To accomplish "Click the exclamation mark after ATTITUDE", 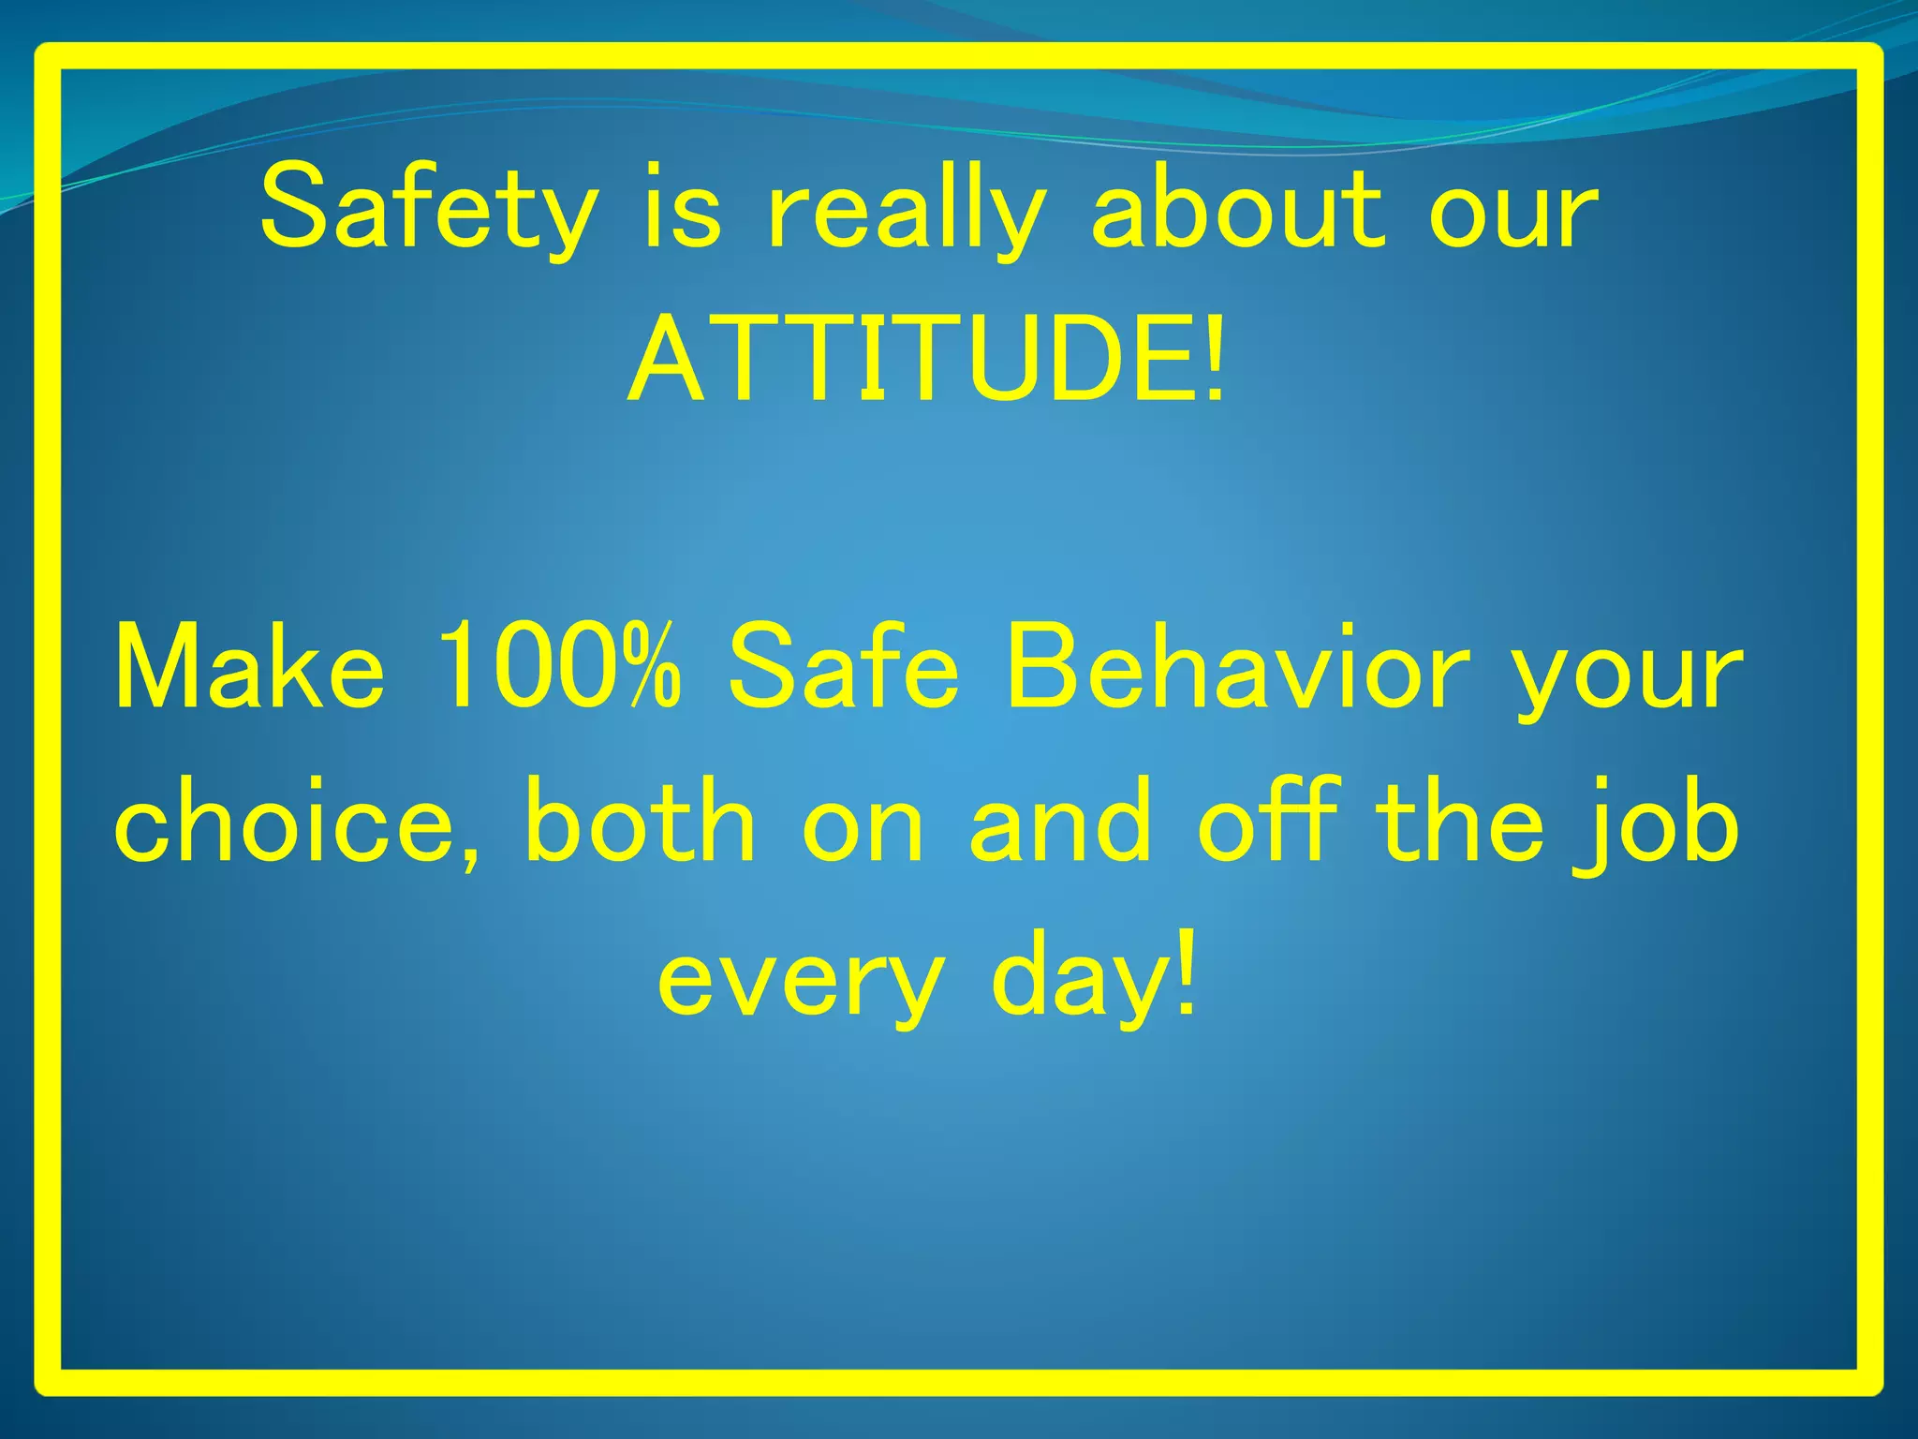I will pos(1214,360).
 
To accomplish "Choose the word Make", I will pos(249,669).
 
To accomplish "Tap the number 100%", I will pos(558,667).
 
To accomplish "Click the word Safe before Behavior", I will pos(843,669).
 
